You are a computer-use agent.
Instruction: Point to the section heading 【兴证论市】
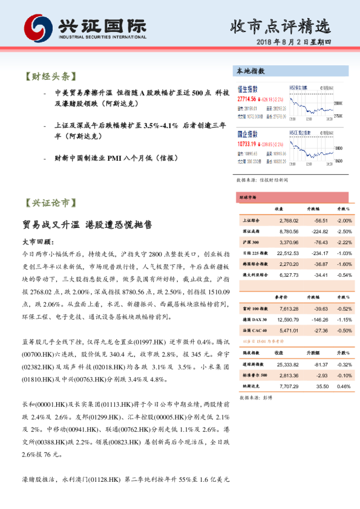[x=51, y=203]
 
